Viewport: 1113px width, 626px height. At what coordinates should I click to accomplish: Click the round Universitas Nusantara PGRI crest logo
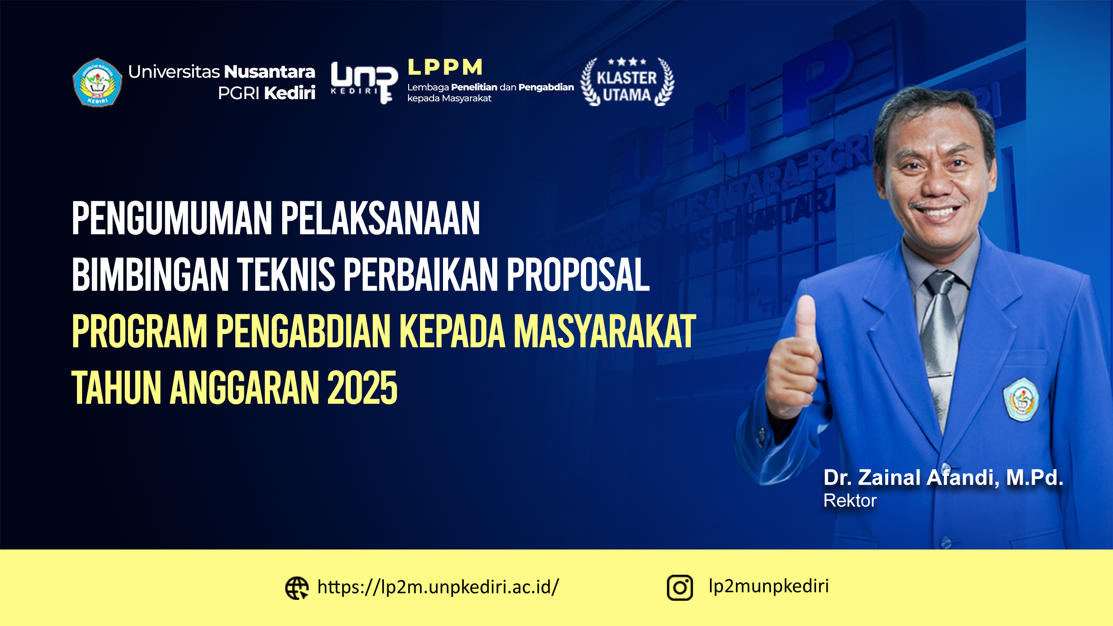(97, 82)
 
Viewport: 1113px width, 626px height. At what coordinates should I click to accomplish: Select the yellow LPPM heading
(445, 67)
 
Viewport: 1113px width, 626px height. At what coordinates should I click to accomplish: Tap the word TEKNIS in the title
(286, 274)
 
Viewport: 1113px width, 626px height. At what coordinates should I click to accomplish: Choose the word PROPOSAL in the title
(578, 274)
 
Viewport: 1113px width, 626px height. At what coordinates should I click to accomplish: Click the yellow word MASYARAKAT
(605, 331)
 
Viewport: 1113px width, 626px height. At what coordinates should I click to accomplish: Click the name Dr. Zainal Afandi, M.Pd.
(943, 478)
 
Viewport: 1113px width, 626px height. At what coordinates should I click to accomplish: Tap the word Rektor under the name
(850, 501)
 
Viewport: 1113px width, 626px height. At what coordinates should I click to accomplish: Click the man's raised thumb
(806, 320)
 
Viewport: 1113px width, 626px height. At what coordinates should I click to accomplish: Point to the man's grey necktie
(940, 343)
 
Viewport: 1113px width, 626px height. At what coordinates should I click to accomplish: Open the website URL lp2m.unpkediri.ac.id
(438, 587)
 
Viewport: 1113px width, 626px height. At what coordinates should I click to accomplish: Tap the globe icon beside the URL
(297, 588)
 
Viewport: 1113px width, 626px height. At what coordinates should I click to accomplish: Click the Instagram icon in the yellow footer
(680, 588)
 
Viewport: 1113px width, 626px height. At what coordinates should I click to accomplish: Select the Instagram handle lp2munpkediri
(769, 586)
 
